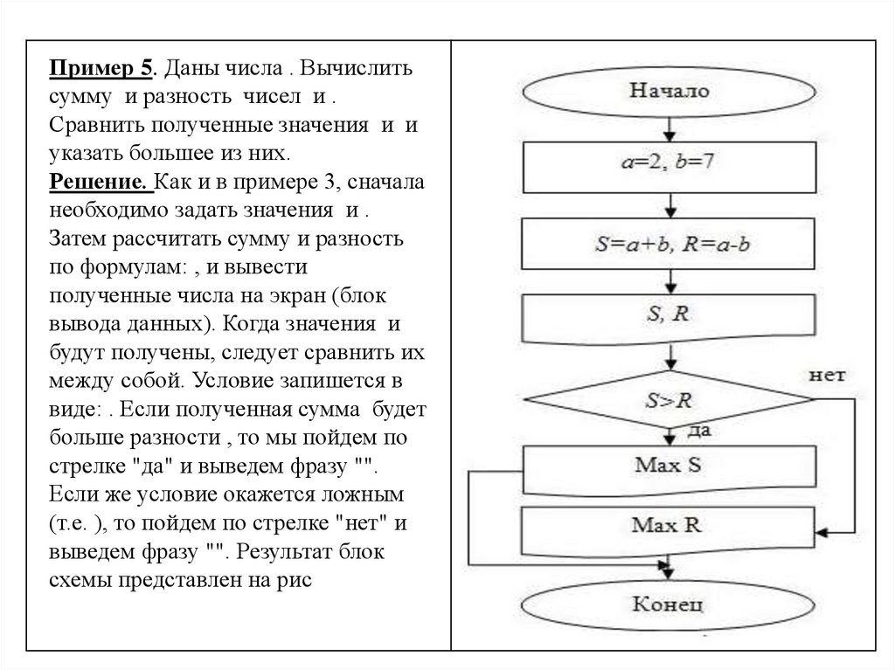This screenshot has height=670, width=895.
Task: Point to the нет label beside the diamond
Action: (x=827, y=376)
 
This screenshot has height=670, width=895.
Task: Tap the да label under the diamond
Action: (x=699, y=431)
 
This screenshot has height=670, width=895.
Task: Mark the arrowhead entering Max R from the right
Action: (x=823, y=530)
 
